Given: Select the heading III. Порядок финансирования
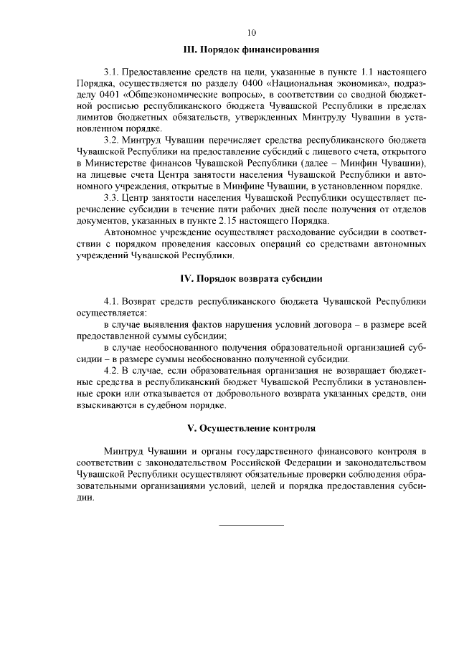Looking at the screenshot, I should (251, 50).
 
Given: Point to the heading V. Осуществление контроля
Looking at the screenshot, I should (251, 428).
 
